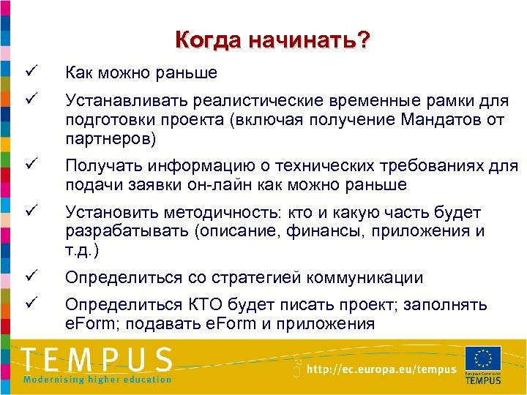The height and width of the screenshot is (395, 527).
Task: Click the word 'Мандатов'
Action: [441, 119]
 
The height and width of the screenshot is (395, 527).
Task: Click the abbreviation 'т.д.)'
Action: [82, 251]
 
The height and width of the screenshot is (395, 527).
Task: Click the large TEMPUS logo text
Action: [97, 359]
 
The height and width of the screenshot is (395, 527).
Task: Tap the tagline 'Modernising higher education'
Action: [97, 379]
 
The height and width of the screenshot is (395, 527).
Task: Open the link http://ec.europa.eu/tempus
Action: [381, 369]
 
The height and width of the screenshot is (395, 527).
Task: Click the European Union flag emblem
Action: [483, 358]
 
